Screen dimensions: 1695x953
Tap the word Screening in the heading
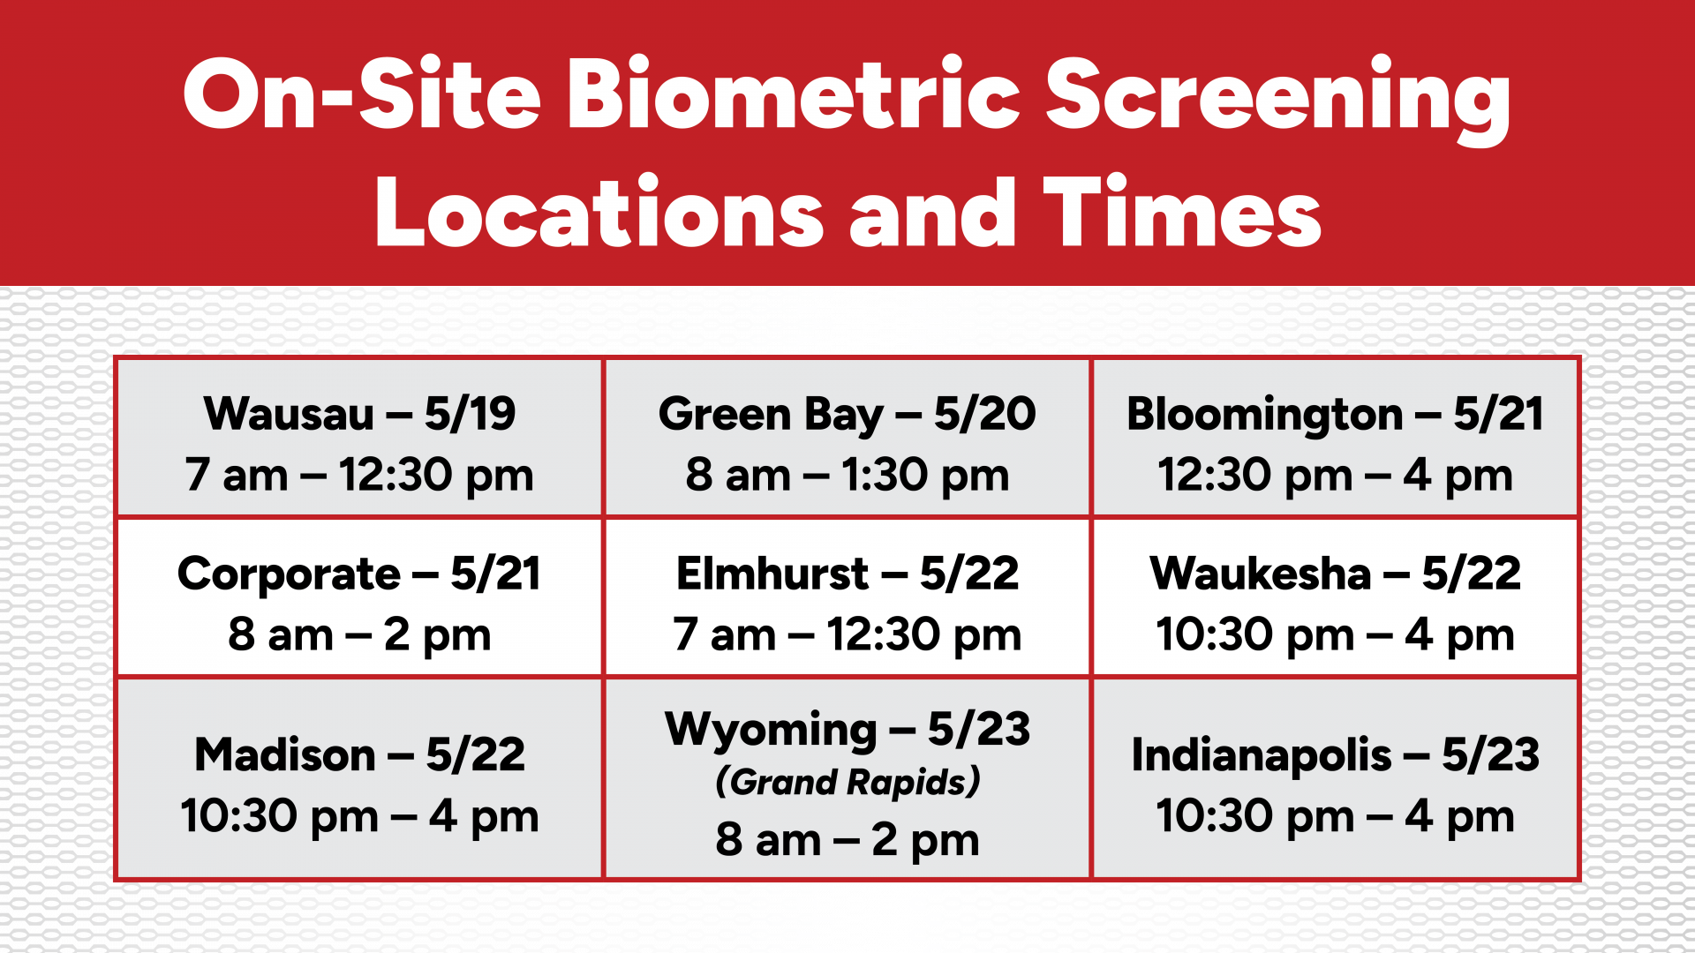(x=1277, y=99)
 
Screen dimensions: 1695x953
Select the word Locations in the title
(x=599, y=211)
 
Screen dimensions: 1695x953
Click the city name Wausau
(x=289, y=414)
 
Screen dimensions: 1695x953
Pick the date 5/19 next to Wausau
(x=470, y=414)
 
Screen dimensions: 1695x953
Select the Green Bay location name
(x=771, y=415)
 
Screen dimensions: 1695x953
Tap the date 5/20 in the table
(x=984, y=414)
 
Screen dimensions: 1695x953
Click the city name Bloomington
(x=1264, y=415)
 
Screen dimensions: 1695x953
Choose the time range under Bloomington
(x=1335, y=476)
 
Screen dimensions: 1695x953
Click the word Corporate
(x=289, y=574)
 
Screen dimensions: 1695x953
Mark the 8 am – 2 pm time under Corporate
(x=359, y=635)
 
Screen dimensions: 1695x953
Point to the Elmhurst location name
(x=772, y=574)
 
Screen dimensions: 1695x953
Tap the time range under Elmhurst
(x=847, y=635)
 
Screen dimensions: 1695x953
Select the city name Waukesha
(x=1261, y=574)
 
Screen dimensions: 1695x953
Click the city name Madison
(x=285, y=755)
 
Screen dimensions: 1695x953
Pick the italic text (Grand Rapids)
(x=847, y=783)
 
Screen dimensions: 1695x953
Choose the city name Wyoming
(x=771, y=731)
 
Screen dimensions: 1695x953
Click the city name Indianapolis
(x=1262, y=756)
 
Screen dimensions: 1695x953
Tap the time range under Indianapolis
(x=1335, y=816)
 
